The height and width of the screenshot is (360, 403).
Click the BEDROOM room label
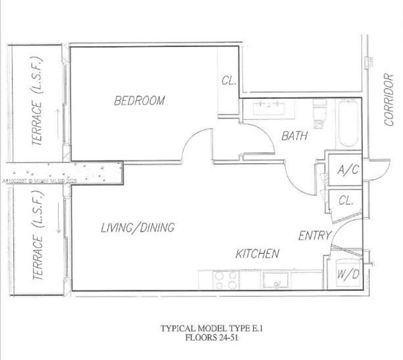(x=139, y=101)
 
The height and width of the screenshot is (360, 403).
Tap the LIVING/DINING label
(x=137, y=228)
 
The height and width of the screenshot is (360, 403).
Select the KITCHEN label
(x=257, y=254)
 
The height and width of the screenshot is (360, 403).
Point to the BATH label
(x=294, y=136)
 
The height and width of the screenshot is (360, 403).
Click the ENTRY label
(x=315, y=236)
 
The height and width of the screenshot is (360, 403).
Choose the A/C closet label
(x=347, y=170)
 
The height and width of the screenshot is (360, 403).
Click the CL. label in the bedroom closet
(x=228, y=80)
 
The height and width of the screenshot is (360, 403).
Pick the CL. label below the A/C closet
(x=346, y=201)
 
